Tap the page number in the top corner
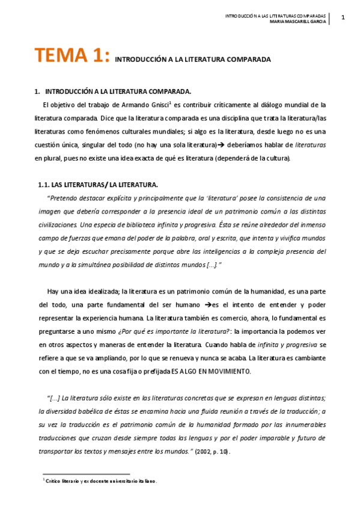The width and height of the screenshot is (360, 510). tap(343, 17)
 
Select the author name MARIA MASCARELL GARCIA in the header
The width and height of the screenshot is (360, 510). tap(297, 22)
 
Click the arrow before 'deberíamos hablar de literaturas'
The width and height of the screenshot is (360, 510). tap(221, 145)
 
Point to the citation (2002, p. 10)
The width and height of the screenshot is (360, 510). tap(211, 450)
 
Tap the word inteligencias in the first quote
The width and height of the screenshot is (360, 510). tap(202, 251)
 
